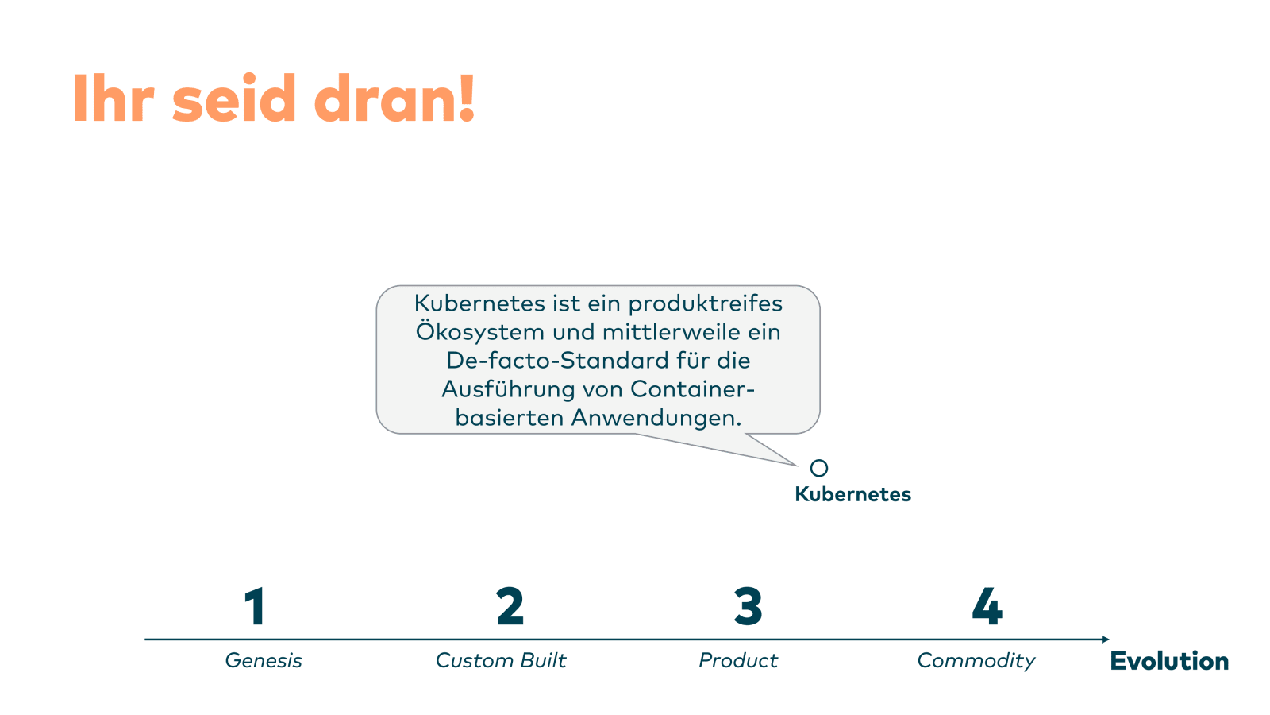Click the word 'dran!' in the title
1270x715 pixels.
click(x=394, y=99)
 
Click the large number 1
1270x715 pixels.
click(x=255, y=608)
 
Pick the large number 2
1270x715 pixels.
click(x=510, y=608)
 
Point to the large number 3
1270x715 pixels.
click(x=748, y=608)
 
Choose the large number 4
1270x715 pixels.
click(x=987, y=608)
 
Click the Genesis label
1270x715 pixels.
click(x=264, y=660)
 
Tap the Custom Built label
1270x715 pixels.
click(x=501, y=660)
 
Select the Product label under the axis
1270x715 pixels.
click(x=738, y=660)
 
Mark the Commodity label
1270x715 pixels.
click(x=976, y=660)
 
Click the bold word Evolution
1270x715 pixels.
click(x=1169, y=661)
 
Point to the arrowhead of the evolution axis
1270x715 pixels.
click(x=1106, y=639)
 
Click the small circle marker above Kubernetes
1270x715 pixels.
click(x=819, y=468)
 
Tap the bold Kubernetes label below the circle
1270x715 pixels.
click(x=852, y=494)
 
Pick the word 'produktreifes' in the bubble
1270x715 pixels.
click(x=706, y=303)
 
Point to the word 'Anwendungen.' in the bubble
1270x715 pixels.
click(x=656, y=418)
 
